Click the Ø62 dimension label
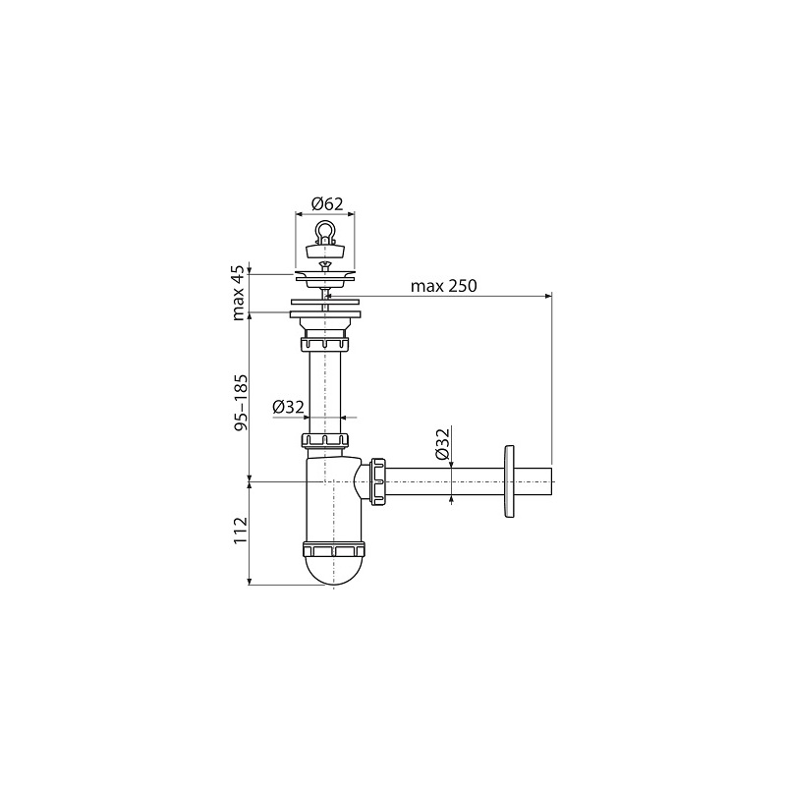pyautogui.click(x=327, y=204)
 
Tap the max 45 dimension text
pyautogui.click(x=239, y=293)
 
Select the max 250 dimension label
pyautogui.click(x=444, y=286)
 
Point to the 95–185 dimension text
pyautogui.click(x=241, y=403)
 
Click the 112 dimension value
pyautogui.click(x=241, y=530)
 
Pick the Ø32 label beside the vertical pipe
pyautogui.click(x=288, y=407)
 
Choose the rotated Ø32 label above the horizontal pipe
pyautogui.click(x=441, y=444)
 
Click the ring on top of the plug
pyautogui.click(x=325, y=231)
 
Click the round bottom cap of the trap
pyautogui.click(x=334, y=571)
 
